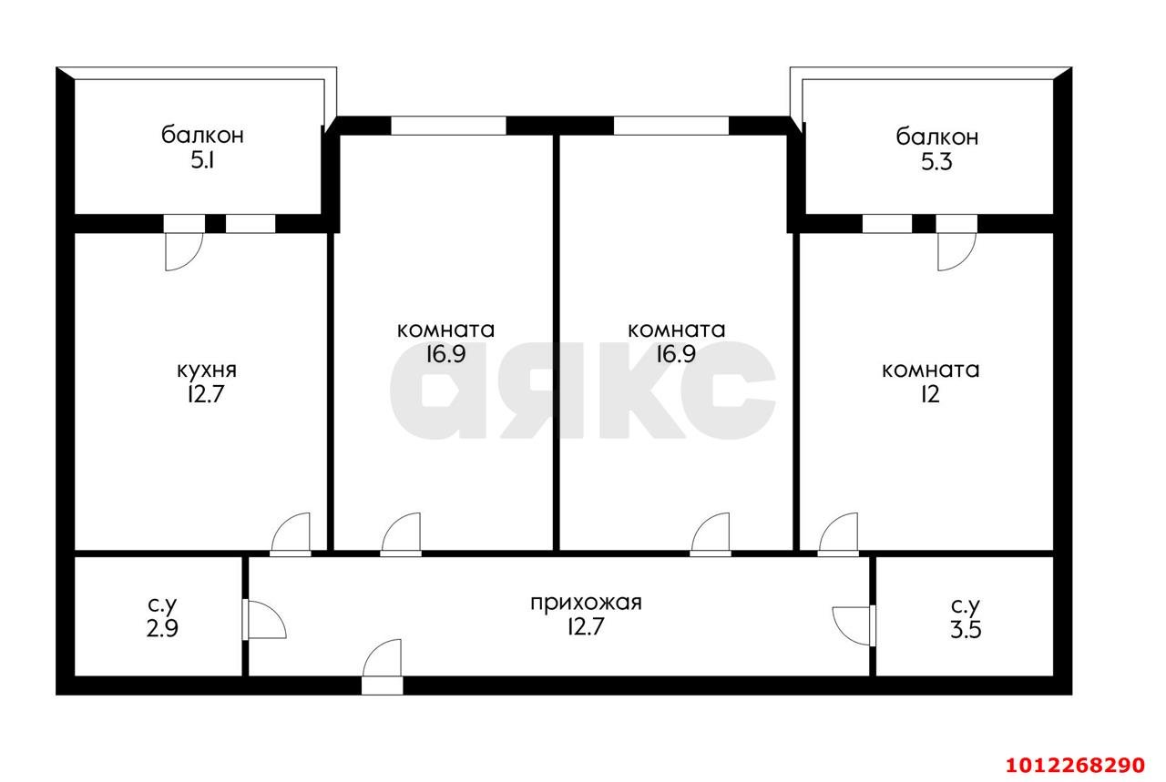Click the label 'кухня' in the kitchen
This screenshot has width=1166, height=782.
(x=206, y=370)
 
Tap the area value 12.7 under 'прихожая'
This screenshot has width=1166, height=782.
(x=587, y=626)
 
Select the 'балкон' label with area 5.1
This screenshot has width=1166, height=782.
(x=202, y=137)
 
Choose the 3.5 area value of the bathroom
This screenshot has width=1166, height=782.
(x=965, y=629)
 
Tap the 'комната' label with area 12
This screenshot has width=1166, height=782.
(x=930, y=370)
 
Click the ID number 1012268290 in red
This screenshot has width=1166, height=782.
(x=1073, y=763)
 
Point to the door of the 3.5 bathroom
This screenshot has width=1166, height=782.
(x=854, y=625)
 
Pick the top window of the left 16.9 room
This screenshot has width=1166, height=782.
(x=448, y=126)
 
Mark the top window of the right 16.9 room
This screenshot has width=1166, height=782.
(x=670, y=126)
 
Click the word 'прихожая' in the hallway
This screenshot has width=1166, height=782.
(x=587, y=602)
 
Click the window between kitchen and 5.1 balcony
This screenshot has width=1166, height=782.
(x=251, y=223)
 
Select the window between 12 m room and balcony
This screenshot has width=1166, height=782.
(x=886, y=223)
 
